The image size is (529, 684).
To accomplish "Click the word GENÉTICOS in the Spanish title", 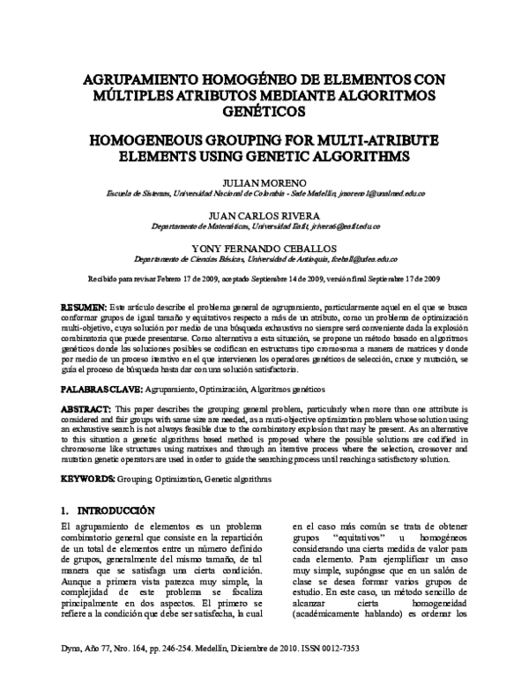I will pos(264,112).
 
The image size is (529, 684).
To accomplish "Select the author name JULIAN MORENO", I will pos(264,182).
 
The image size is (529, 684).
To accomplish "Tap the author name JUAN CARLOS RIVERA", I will pos(264,216).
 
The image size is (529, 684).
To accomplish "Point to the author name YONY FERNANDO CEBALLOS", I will pos(264,249).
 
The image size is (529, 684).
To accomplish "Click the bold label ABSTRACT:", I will pos(86,411).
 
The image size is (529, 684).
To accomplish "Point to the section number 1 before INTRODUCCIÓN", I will pos(63,510).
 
